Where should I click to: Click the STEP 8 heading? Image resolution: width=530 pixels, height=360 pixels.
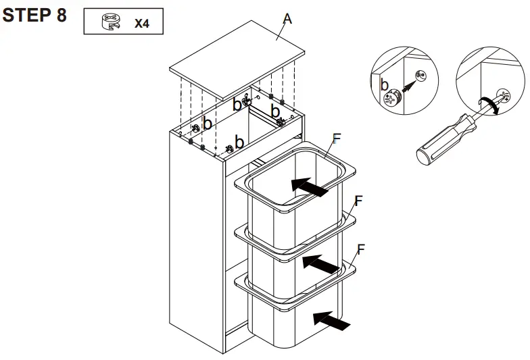34,16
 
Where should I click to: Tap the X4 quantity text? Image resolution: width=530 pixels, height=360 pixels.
141,24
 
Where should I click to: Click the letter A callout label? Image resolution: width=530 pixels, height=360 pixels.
287,20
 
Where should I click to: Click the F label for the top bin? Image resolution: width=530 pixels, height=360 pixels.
337,139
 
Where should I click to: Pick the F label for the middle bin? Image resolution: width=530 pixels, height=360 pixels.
358,201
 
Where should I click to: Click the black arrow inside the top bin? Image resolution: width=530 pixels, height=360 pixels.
313,186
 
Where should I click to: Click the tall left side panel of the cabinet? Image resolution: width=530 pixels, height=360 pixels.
195,243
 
